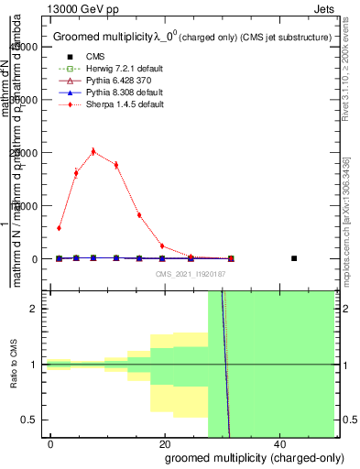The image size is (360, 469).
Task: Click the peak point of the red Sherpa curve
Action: coord(93,151)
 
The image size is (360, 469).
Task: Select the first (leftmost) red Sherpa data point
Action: coord(59,228)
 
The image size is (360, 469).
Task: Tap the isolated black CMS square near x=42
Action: coord(294,258)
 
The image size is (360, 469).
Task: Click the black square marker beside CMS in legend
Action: coord(70,57)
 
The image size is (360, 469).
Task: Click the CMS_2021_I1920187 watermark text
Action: coord(191,273)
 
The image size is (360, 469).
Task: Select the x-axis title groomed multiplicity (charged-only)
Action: coord(249,457)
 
